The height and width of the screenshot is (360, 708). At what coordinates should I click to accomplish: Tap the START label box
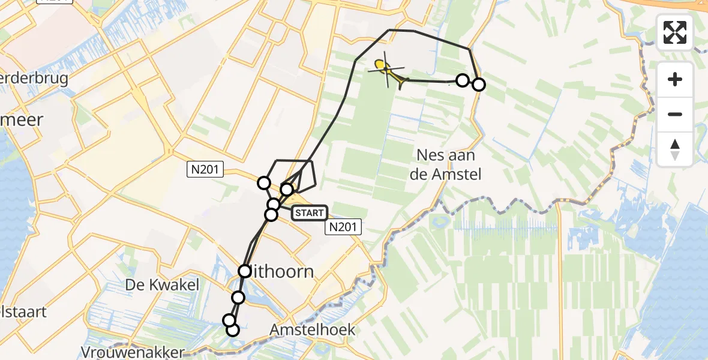(310, 213)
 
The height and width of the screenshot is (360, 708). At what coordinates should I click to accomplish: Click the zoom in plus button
(675, 79)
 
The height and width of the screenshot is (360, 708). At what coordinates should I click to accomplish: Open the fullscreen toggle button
(675, 32)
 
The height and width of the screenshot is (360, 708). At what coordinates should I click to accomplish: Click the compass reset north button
(675, 149)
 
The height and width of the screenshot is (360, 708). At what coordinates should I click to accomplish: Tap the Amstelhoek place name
(312, 329)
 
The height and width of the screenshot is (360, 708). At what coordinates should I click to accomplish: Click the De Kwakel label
(163, 284)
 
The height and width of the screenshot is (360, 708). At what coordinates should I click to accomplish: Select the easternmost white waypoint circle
(478, 85)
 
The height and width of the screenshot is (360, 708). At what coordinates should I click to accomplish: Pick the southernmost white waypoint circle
(233, 330)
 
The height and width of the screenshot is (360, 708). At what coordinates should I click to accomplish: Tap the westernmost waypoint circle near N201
(264, 183)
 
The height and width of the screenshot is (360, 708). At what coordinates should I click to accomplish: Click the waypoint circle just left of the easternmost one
(462, 80)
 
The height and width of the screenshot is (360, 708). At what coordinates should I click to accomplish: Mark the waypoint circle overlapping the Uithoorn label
(244, 271)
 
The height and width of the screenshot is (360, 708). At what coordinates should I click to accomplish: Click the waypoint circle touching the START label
(272, 214)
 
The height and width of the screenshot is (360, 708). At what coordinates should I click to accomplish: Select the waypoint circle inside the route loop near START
(287, 190)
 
